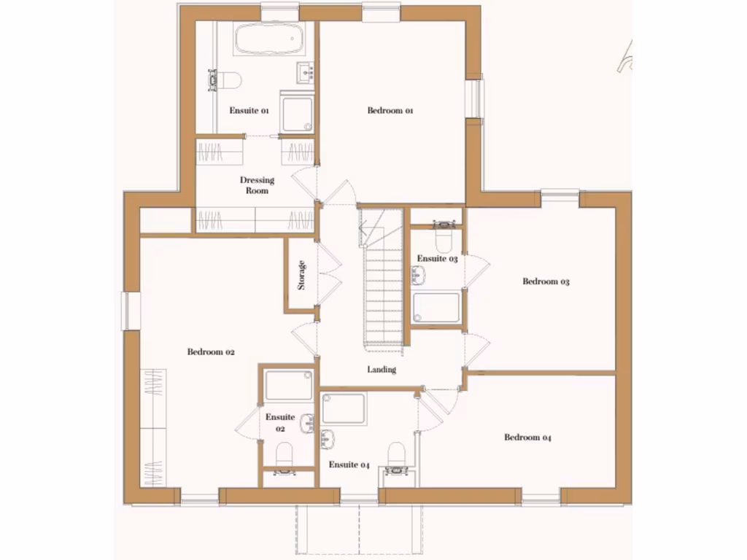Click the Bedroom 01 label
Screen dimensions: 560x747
(390, 111)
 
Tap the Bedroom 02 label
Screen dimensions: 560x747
(211, 352)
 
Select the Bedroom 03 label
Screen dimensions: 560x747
(546, 281)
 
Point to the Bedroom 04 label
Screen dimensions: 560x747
(527, 437)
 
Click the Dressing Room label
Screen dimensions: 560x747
(257, 185)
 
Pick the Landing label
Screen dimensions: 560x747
(382, 370)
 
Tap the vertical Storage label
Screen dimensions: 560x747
(301, 275)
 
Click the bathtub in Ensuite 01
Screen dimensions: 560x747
(268, 39)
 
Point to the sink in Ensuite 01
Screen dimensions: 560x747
(306, 71)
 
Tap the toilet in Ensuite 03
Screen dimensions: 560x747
(444, 238)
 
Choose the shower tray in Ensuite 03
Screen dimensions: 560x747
(436, 307)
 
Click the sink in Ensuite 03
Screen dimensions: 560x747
(419, 276)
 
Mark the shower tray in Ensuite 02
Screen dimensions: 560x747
(288, 384)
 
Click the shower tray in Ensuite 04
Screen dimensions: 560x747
(344, 408)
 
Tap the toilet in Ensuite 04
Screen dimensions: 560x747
(396, 456)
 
